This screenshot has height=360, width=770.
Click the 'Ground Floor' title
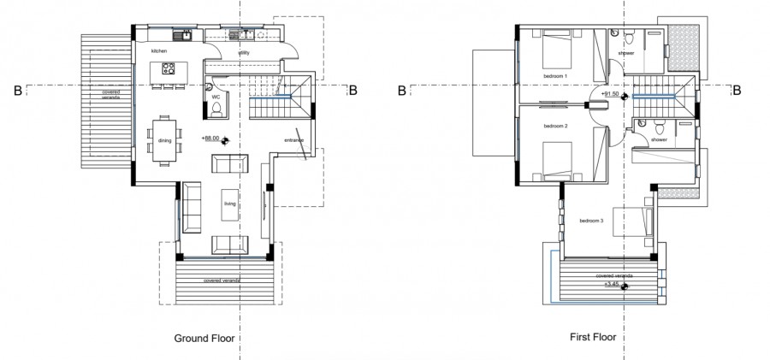click(x=204, y=339)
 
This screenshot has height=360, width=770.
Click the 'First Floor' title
click(x=593, y=339)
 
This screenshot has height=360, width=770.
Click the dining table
click(x=163, y=139)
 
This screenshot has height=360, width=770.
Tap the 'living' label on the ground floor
click(x=229, y=204)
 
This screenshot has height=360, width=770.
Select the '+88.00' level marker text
click(x=210, y=138)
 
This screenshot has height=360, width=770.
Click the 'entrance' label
click(x=293, y=140)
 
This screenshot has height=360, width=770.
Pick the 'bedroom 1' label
click(x=555, y=76)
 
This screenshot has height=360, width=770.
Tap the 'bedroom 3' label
click(x=591, y=221)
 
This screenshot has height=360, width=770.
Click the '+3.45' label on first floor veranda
click(x=612, y=282)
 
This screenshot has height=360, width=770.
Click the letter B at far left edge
click(x=16, y=88)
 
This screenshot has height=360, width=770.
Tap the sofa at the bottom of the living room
click(x=228, y=242)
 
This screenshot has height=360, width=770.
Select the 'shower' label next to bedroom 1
click(x=626, y=53)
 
